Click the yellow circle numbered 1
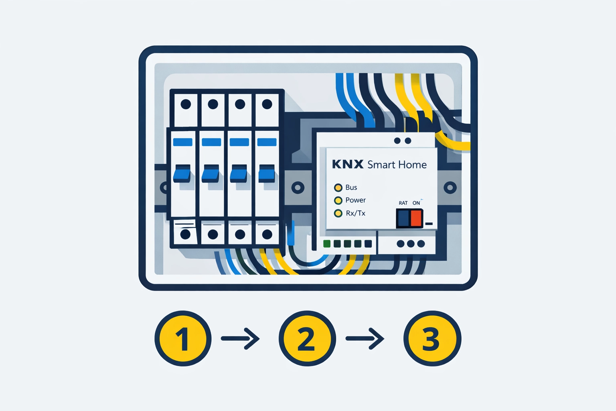(183, 338)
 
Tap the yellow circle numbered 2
(307, 338)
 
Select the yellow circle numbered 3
(432, 338)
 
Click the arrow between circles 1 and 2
(241, 338)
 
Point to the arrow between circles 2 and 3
(365, 338)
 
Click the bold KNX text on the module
(348, 164)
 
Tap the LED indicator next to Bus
(338, 187)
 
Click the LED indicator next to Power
(338, 200)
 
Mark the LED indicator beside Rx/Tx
(338, 213)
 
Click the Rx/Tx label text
(355, 213)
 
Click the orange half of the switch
(416, 218)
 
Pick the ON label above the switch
(416, 203)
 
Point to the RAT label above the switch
(403, 203)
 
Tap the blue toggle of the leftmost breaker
(182, 174)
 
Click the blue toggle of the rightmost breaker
(267, 174)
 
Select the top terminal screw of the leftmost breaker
(186, 104)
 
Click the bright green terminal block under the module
(327, 244)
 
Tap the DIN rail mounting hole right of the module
(450, 187)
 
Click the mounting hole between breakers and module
(298, 187)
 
